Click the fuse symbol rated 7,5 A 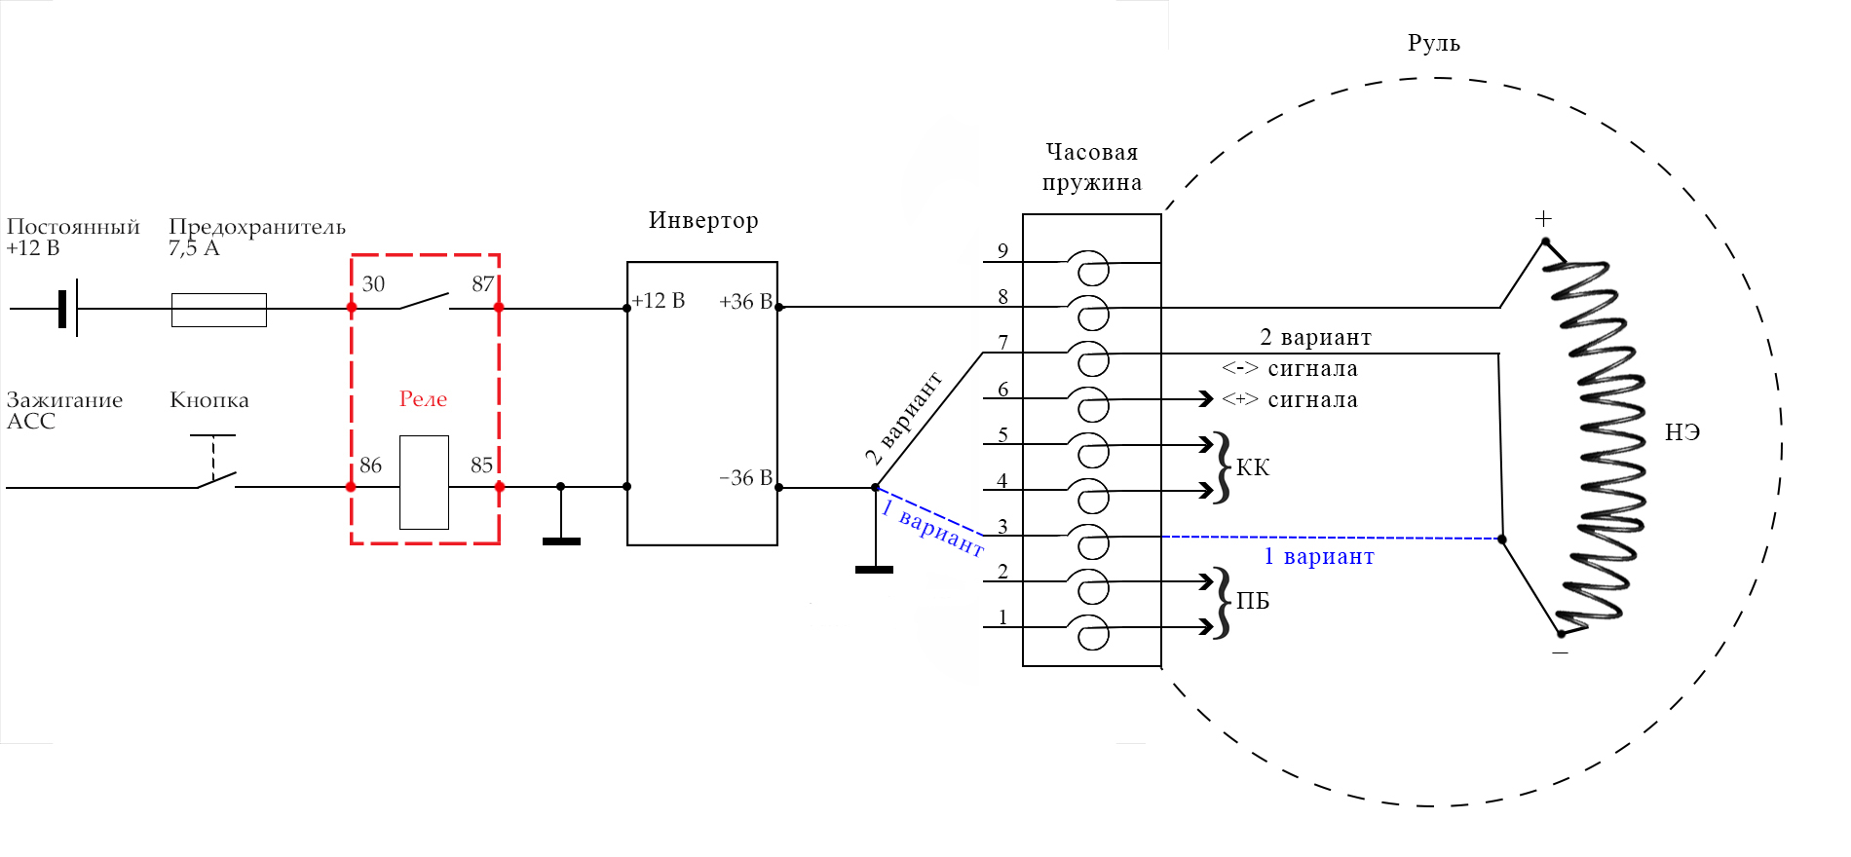[x=219, y=310]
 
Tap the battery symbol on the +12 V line [x=67, y=309]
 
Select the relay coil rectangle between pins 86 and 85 [x=425, y=482]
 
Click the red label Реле [x=423, y=399]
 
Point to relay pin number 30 [x=373, y=284]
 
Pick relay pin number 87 [x=482, y=284]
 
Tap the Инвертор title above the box [x=702, y=221]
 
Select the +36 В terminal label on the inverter [x=745, y=302]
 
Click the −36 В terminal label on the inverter [x=745, y=478]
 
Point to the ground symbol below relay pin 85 [x=561, y=540]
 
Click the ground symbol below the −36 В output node [x=874, y=569]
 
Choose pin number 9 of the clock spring [x=1002, y=251]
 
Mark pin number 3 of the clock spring [x=1002, y=527]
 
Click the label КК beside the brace [x=1253, y=468]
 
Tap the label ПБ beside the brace [x=1253, y=602]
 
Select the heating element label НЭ [x=1682, y=433]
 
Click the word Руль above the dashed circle [x=1433, y=44]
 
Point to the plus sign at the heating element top [x=1543, y=219]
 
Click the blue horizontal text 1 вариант [x=1319, y=557]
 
